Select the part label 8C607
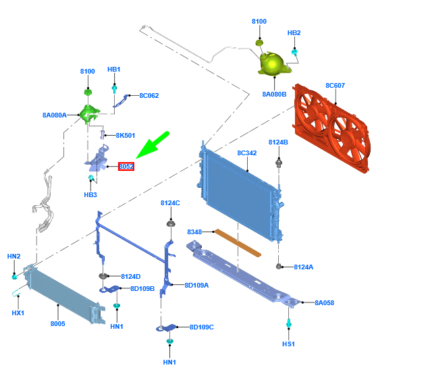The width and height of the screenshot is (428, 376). coord(335,86)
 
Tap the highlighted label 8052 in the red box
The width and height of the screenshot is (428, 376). coord(126,166)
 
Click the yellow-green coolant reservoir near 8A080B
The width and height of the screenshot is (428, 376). coord(273,63)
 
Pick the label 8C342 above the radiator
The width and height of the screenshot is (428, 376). coord(246,153)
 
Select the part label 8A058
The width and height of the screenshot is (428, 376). coord(324,302)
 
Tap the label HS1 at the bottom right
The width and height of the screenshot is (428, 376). coord(288,344)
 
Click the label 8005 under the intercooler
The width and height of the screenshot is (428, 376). coord(57,324)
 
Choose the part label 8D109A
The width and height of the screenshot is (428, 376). coord(196,285)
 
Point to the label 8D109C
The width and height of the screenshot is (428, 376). coord(201,327)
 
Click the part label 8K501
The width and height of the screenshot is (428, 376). coord(125,136)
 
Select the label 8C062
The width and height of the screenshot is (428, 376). coord(149,96)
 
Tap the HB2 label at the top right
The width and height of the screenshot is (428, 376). coord(294,32)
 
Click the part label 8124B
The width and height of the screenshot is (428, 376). coord(278,142)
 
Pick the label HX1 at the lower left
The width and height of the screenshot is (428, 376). coord(18,313)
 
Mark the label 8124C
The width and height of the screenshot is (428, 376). coord(170,203)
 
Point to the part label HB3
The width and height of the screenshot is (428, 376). coord(90,195)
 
